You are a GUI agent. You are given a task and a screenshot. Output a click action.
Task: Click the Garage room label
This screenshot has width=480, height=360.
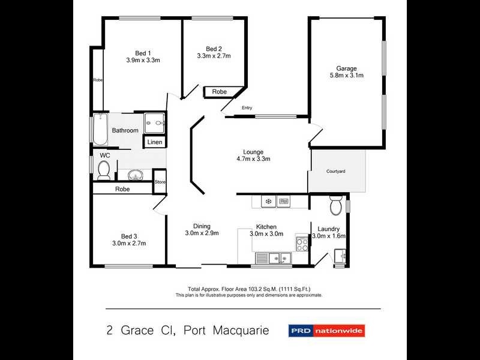click(346, 68)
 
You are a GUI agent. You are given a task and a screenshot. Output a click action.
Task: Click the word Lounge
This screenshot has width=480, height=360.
click(253, 152)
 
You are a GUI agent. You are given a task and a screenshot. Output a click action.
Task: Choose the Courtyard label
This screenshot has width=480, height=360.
click(335, 172)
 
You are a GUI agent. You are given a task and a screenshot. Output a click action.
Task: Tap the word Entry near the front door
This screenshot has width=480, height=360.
click(247, 108)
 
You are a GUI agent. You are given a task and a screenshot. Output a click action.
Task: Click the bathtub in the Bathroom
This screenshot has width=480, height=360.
click(100, 129)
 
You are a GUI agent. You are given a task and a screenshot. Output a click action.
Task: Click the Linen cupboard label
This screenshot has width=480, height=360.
click(155, 142)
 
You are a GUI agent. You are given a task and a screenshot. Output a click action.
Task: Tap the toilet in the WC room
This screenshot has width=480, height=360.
click(103, 170)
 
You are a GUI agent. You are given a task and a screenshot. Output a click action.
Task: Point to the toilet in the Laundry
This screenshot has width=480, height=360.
click(335, 207)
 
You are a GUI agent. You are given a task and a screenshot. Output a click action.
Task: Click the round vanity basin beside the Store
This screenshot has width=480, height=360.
click(136, 176)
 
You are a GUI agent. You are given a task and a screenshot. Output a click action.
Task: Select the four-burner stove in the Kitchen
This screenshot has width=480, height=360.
click(301, 244)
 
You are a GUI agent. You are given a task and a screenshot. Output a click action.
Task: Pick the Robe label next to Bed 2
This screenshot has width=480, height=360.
click(219, 92)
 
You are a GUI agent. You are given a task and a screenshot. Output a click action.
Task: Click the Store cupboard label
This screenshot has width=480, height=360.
click(160, 182)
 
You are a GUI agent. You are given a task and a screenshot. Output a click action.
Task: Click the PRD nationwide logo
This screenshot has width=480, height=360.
click(327, 330)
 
